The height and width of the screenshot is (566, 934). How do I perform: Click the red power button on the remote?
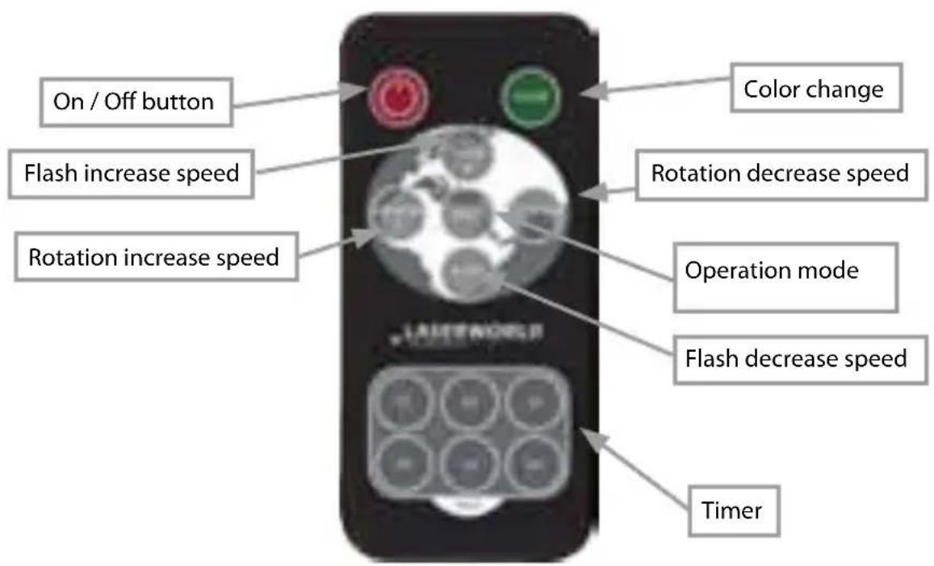(x=396, y=99)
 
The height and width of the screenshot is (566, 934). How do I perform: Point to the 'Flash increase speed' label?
(x=132, y=173)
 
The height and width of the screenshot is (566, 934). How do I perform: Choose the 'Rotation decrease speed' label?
(x=780, y=173)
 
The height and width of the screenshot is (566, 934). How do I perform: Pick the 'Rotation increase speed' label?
(x=153, y=258)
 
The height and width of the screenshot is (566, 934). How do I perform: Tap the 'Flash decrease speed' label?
(x=795, y=356)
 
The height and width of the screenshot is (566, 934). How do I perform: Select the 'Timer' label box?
(x=736, y=509)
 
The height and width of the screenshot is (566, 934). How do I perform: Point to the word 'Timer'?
(x=736, y=509)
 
